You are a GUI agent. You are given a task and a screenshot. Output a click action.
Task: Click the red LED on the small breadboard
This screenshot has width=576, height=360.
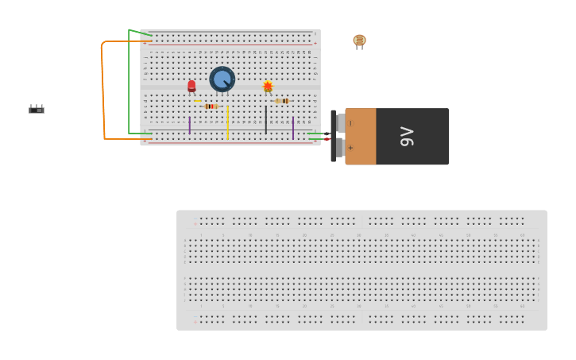[x=191, y=86]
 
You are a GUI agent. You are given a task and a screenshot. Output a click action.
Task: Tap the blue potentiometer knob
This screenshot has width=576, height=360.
[x=222, y=79]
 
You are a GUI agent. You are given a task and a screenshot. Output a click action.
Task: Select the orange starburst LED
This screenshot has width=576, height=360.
[x=268, y=86]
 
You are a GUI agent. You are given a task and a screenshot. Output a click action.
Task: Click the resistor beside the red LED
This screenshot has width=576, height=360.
[x=211, y=106]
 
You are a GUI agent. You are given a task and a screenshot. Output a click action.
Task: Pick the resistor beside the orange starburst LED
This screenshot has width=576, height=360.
[x=282, y=101]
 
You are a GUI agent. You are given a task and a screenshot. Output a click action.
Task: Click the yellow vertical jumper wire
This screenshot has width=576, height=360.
[x=227, y=122]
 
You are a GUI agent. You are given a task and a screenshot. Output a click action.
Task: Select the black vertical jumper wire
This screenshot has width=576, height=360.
[x=266, y=119]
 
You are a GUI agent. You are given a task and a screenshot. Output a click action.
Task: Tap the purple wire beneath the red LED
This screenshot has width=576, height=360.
[x=189, y=125]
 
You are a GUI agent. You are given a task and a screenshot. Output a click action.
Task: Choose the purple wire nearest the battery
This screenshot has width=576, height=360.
[x=293, y=127]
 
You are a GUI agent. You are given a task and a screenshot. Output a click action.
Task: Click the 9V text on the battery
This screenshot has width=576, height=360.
[x=407, y=137]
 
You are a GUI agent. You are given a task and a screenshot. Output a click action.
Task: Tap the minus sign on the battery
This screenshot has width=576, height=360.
[x=350, y=123]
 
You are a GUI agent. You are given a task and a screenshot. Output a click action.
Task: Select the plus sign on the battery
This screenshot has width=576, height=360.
[x=350, y=148]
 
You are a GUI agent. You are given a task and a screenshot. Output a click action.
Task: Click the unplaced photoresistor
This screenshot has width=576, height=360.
[x=359, y=41]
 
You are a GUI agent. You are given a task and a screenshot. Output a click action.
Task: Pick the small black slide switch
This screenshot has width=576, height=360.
[x=37, y=110]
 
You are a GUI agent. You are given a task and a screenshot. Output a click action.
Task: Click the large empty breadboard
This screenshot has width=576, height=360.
[x=361, y=270]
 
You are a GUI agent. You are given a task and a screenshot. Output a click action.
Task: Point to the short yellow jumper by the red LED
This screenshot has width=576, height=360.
[x=198, y=100]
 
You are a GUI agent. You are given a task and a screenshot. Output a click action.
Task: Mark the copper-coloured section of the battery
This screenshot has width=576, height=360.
[x=361, y=137]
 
